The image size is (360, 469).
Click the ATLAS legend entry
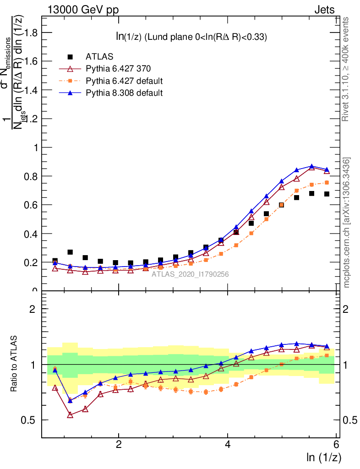point(96,57)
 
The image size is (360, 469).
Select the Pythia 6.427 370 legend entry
point(118,69)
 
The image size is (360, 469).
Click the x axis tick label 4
point(228,445)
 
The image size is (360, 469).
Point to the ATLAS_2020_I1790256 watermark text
point(190,274)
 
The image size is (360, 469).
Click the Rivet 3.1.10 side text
point(346,69)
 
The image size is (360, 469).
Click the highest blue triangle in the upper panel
point(312,166)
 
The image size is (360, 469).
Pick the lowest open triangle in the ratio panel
point(70,415)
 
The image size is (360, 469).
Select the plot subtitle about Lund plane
point(191,37)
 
